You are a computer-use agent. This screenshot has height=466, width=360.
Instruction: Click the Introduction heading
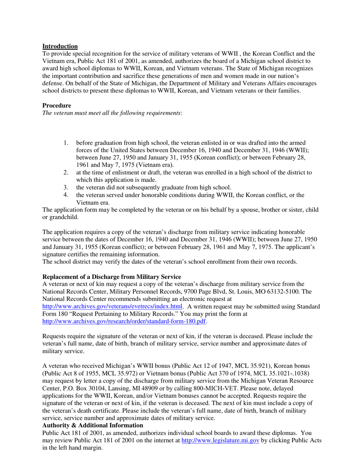coord(60,46)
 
